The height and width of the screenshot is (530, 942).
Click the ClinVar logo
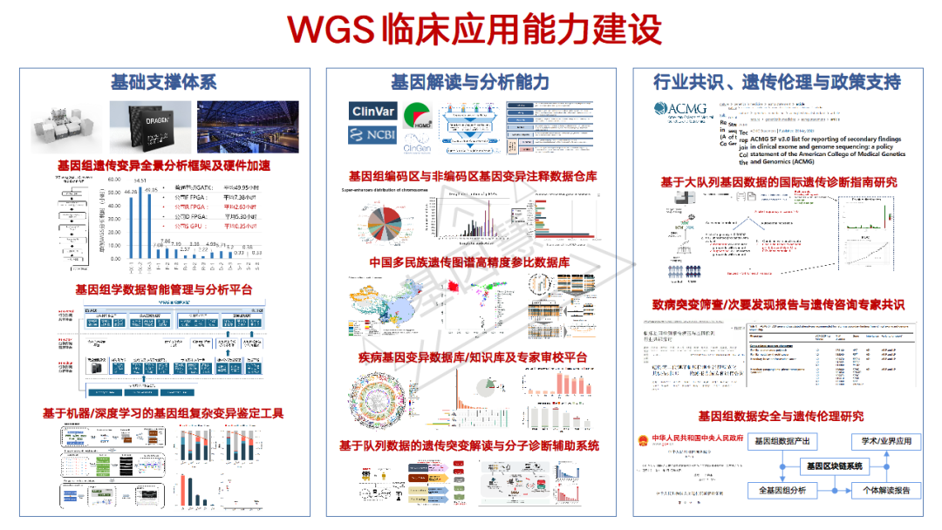click(374, 111)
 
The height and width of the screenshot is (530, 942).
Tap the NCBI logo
click(374, 135)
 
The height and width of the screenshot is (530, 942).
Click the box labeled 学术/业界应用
click(886, 441)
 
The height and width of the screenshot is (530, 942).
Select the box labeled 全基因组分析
click(782, 491)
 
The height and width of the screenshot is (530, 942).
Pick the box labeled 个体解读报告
click(886, 491)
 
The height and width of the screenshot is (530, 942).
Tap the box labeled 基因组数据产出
click(782, 441)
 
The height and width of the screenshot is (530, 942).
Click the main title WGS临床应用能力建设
click(475, 29)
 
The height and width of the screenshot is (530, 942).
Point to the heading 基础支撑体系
click(164, 82)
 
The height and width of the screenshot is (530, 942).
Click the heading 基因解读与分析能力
click(470, 82)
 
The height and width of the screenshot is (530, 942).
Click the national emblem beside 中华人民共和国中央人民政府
click(646, 441)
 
